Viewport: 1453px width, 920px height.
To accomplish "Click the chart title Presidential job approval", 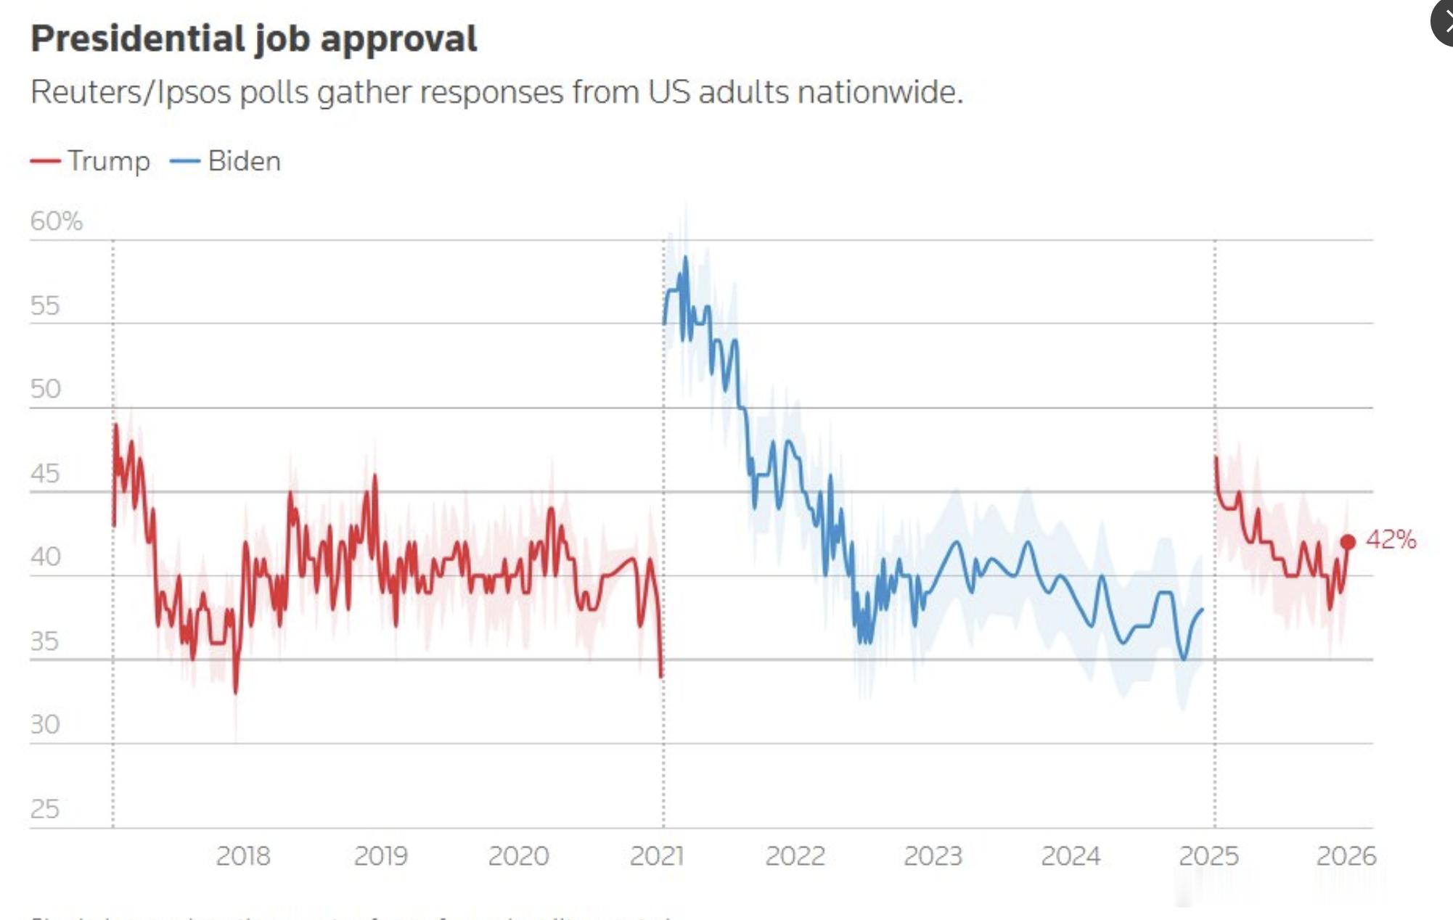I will pos(253,38).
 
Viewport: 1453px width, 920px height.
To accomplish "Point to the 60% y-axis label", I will pos(57,221).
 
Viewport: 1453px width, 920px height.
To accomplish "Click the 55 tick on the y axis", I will pos(45,305).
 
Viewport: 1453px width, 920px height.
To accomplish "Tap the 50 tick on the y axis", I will pos(45,389).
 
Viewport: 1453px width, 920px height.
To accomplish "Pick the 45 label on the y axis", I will pos(45,473).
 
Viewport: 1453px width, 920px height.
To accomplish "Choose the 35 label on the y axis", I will pos(45,641).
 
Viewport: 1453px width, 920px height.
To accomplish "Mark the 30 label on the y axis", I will pos(45,724).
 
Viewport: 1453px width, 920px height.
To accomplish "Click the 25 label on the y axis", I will pos(45,808).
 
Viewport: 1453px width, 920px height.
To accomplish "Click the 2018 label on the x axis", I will pos(242,856).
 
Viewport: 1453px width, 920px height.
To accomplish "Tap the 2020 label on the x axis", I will pos(518,856).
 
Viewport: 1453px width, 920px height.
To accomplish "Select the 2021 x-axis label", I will pos(656,856).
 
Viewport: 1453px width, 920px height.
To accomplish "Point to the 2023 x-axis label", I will pos(933,856).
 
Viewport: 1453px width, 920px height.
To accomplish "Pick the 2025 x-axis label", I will pos(1208,856).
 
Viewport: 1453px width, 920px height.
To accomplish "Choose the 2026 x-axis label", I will pos(1346,856).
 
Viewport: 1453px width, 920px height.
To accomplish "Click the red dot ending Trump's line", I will pos(1348,541).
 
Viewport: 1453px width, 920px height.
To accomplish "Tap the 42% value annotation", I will pos(1391,539).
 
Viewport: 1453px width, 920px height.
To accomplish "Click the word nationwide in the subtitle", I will pos(879,92).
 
